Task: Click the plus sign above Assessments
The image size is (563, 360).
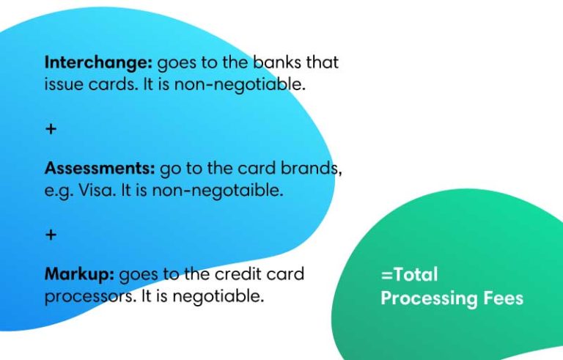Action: [x=51, y=129]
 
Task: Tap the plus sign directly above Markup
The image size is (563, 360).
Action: [x=51, y=235]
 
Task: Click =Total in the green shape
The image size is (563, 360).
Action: [x=409, y=275]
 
